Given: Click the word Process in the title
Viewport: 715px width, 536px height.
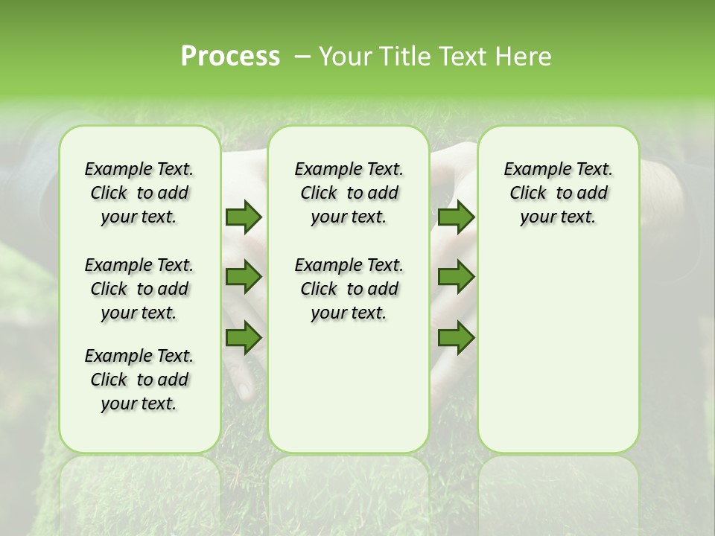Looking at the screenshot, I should (x=230, y=57).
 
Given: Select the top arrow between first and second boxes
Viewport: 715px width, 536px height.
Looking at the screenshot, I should (x=244, y=217).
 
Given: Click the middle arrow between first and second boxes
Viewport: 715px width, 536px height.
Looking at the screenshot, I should (x=244, y=277).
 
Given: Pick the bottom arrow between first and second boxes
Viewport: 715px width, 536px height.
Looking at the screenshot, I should (x=244, y=338).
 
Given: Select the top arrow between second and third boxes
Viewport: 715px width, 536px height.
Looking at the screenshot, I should (x=456, y=217).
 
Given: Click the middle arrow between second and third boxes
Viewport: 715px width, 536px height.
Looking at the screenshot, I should (x=456, y=277).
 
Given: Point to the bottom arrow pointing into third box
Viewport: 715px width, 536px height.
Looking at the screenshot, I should (x=456, y=338).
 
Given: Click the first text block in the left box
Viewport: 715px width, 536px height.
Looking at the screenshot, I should (x=139, y=193).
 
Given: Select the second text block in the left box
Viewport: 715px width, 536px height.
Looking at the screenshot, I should (x=139, y=289).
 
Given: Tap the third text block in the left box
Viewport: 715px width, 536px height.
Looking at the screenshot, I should (x=139, y=380).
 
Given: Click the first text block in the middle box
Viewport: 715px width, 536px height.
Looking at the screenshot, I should (x=349, y=193).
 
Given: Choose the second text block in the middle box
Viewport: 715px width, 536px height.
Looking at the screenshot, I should (x=349, y=289).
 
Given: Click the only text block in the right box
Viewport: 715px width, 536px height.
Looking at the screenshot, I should (x=558, y=193).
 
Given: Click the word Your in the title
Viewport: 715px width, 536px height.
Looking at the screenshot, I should (x=343, y=57).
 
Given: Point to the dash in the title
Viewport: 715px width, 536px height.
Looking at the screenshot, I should (x=302, y=57).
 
